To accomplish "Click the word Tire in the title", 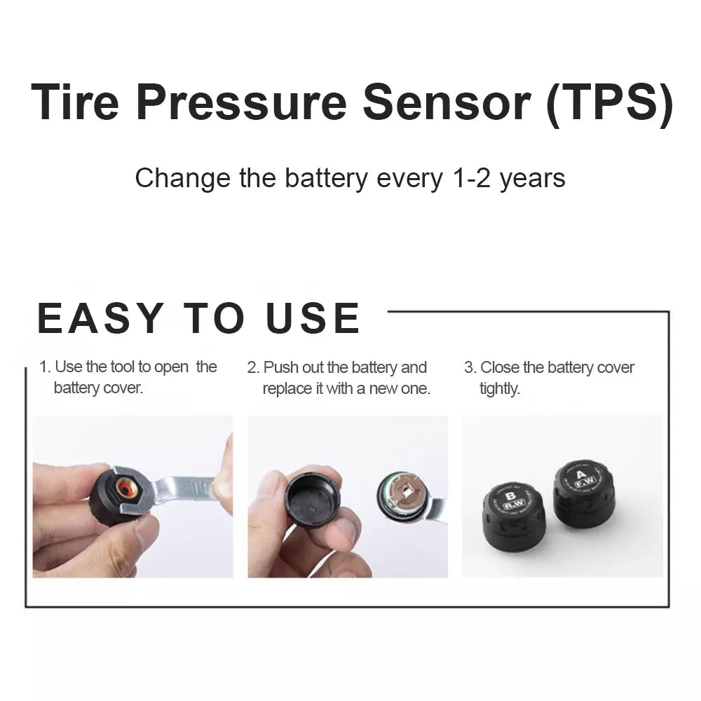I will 74,102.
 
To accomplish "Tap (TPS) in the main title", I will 608,102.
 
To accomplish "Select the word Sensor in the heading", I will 449,102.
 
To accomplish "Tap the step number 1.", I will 43,367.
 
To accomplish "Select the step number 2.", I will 252,367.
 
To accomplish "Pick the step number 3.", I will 469,367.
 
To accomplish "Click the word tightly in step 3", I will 499,388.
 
